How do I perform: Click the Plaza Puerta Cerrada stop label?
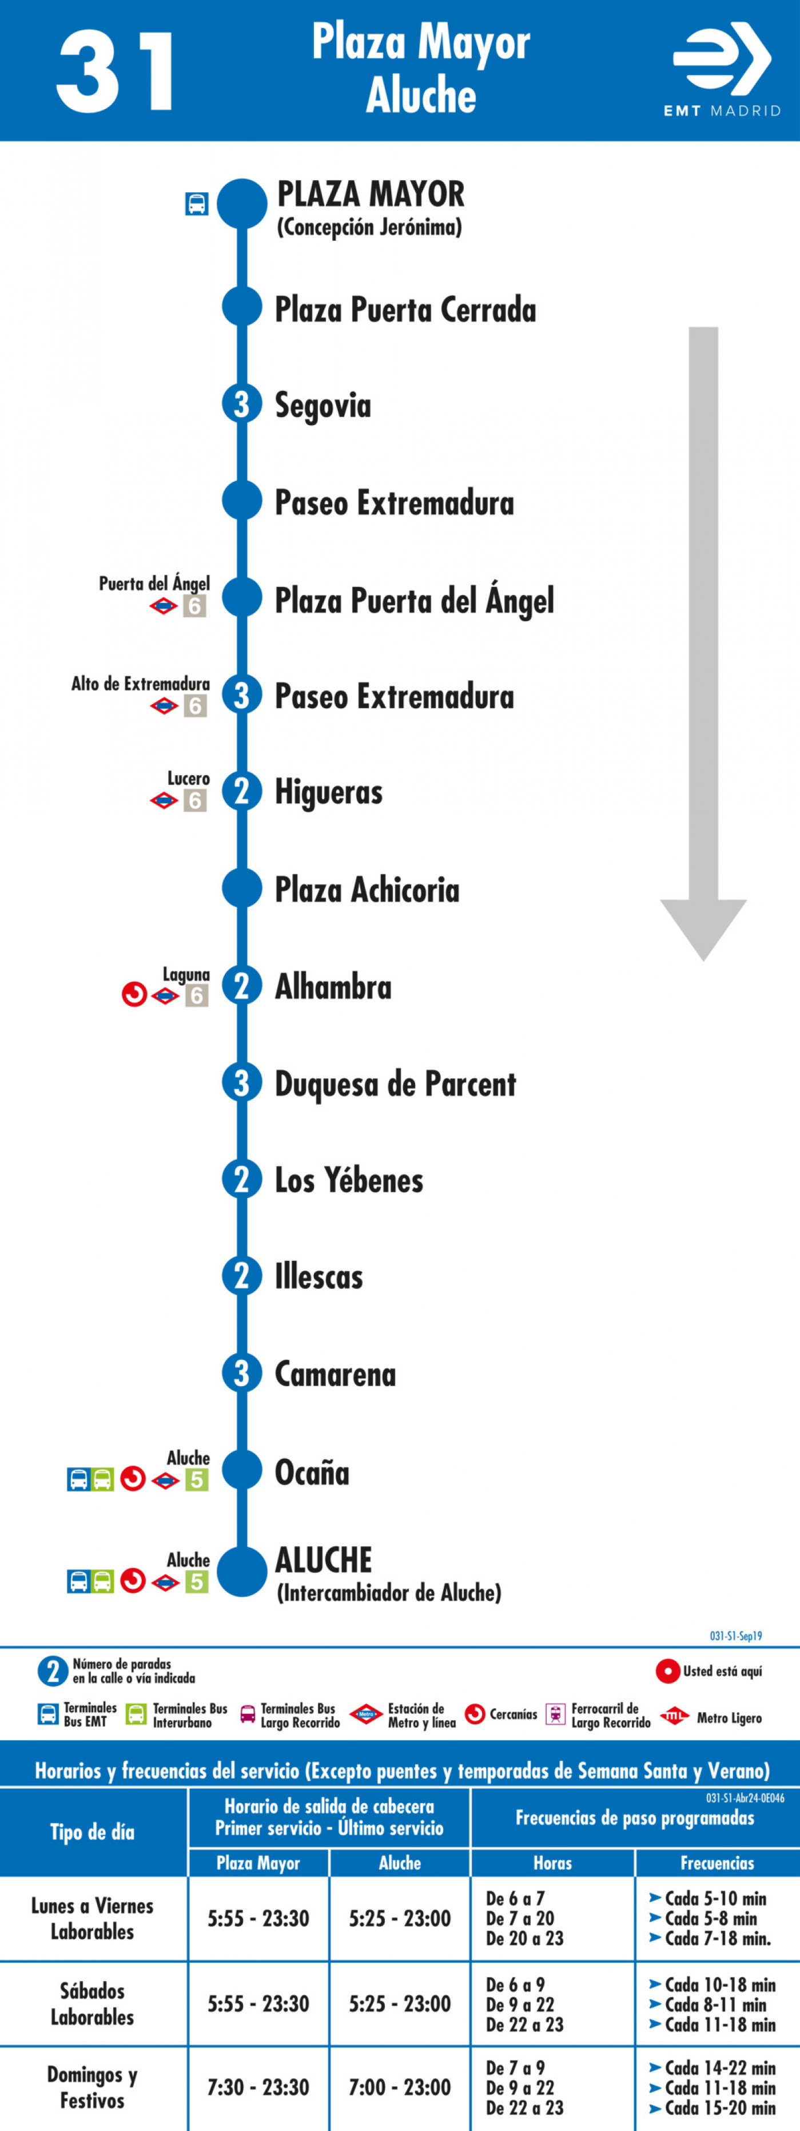click(405, 309)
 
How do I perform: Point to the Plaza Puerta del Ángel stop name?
click(415, 600)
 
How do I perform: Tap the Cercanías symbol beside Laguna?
click(134, 994)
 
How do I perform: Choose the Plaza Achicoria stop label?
click(367, 889)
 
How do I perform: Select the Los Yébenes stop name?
click(349, 1180)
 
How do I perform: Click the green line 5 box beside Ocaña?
click(196, 1479)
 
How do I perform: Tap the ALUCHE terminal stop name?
click(324, 1560)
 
